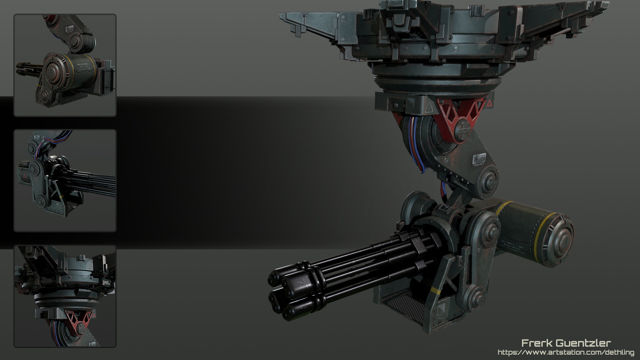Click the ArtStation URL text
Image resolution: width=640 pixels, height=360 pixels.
click(x=566, y=352)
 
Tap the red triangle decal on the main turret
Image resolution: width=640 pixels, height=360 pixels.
click(x=489, y=103)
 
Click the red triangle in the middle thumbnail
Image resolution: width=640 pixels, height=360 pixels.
click(x=24, y=175)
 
